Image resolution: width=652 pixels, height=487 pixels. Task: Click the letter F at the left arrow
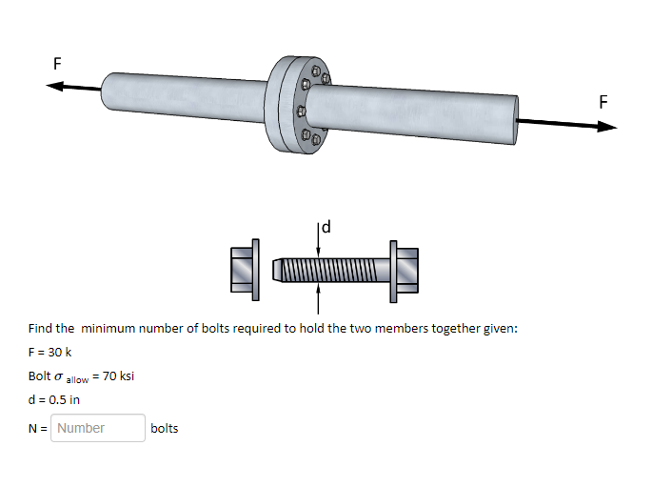click(57, 65)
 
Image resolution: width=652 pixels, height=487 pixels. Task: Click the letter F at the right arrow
click(603, 102)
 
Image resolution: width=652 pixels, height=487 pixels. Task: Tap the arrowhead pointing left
click(56, 86)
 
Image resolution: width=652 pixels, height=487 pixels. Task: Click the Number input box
click(98, 428)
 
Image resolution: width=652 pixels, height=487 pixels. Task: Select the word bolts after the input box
click(165, 429)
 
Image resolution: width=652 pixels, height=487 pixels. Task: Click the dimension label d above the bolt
click(327, 227)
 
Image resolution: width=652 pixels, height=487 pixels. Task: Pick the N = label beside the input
click(38, 429)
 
